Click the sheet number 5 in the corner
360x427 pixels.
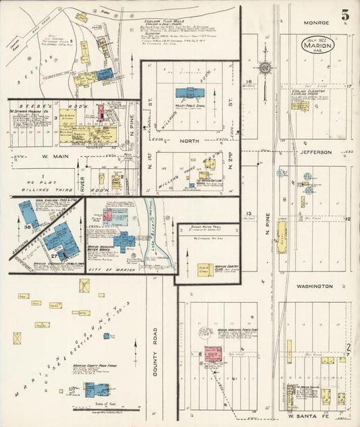point(344,14)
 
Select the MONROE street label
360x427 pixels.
point(315,22)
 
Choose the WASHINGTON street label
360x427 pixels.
point(313,286)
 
